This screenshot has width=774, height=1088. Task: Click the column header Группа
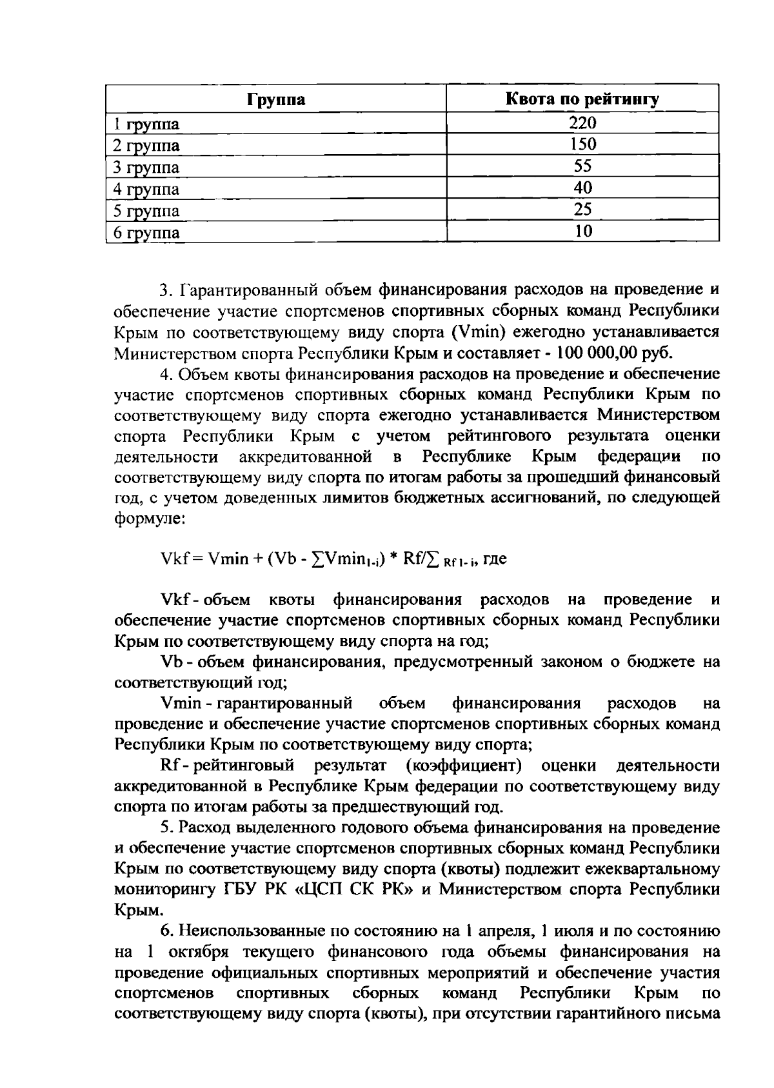click(276, 100)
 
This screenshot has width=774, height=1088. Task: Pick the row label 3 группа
click(146, 168)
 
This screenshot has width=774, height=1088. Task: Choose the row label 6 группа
click(146, 233)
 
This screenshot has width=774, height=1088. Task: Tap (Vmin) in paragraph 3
click(479, 332)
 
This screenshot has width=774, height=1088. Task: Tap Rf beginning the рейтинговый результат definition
click(168, 766)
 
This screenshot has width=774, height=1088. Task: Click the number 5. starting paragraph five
click(166, 827)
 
